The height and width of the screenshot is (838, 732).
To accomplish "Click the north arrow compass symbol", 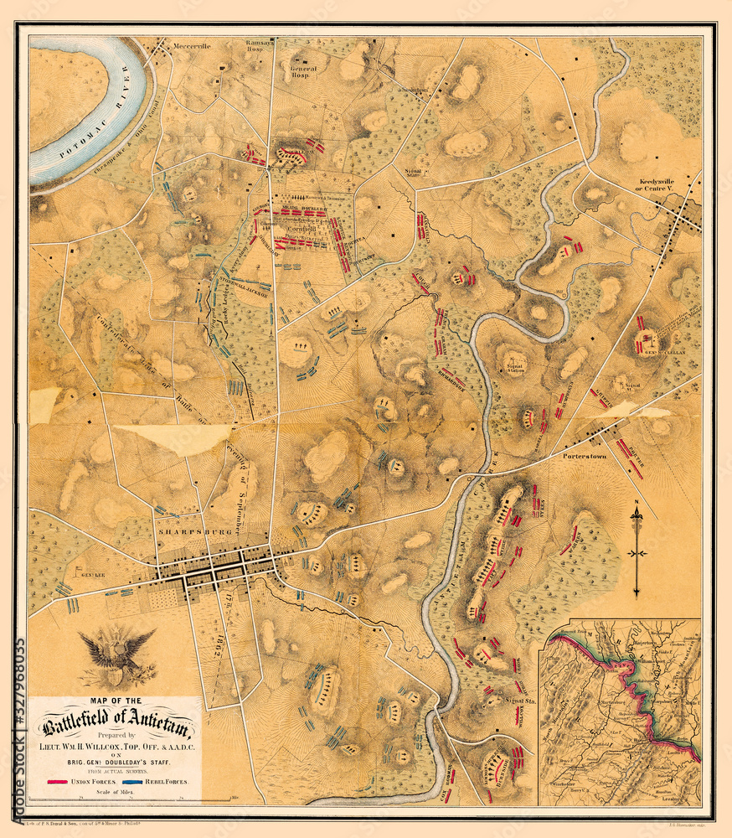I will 637,549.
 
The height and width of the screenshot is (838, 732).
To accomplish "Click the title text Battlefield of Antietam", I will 114,720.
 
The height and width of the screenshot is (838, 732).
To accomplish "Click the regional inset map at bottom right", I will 620,712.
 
